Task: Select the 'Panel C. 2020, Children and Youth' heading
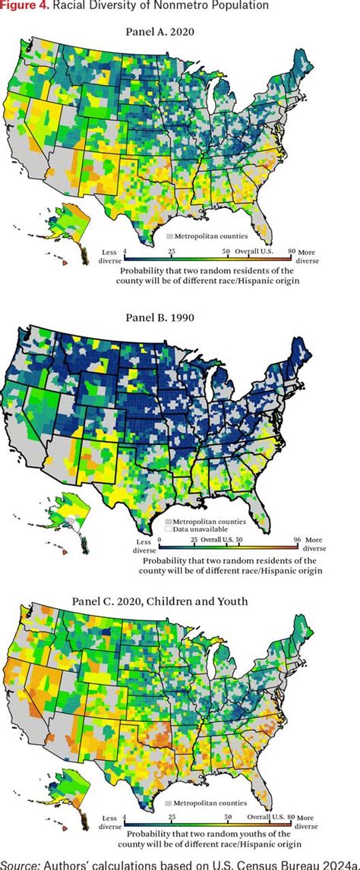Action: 180,602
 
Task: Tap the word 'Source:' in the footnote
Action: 21,863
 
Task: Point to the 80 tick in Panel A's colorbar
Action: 292,251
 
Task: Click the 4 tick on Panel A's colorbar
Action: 125,251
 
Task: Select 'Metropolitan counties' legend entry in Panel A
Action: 207,237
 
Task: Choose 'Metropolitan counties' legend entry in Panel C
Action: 207,802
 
